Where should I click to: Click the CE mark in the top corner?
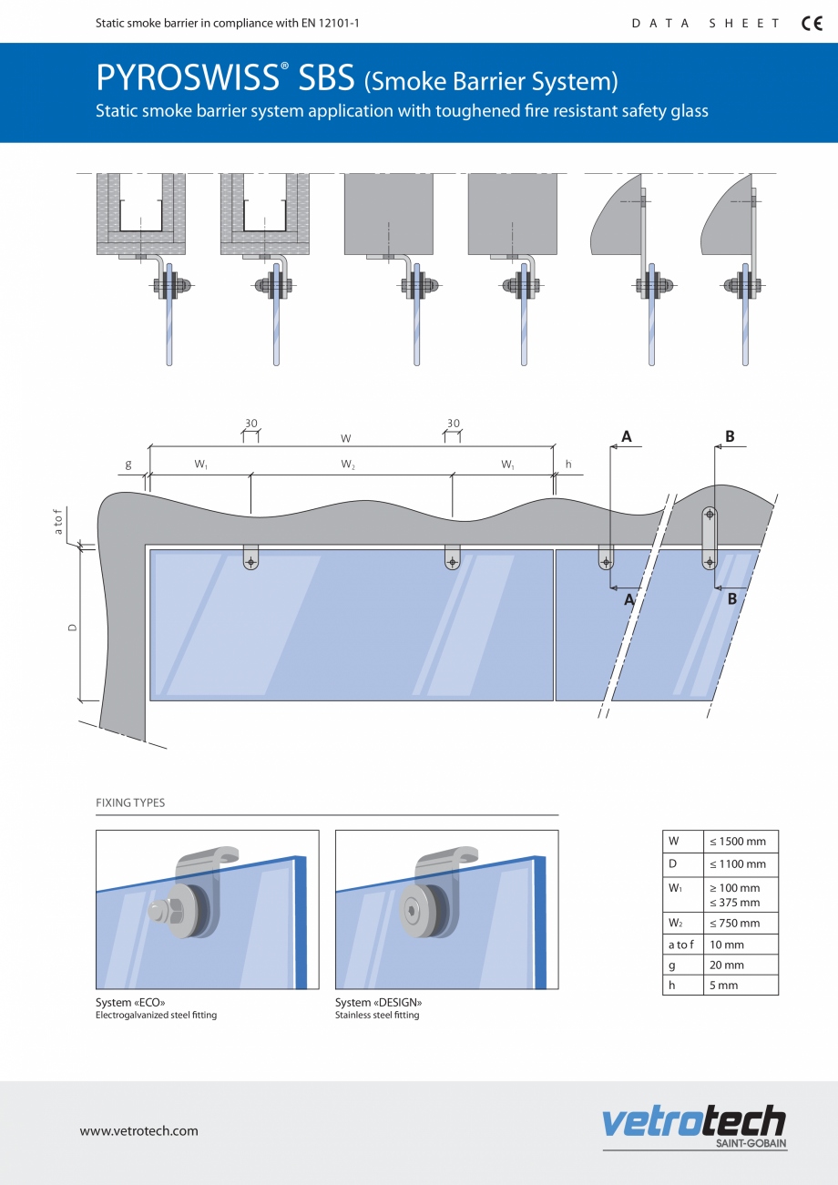pyautogui.click(x=811, y=24)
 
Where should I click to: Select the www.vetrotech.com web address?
pyautogui.click(x=138, y=1130)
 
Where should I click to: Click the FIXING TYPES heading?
pyautogui.click(x=130, y=802)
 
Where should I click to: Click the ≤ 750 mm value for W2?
pyautogui.click(x=736, y=923)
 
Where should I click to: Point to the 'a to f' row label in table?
pyautogui.click(x=680, y=945)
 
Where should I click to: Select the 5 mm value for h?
pyautogui.click(x=725, y=985)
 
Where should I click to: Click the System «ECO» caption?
pyautogui.click(x=130, y=1002)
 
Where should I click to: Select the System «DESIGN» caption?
pyautogui.click(x=378, y=1002)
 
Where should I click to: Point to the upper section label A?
pyautogui.click(x=627, y=436)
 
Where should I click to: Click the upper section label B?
pyautogui.click(x=730, y=436)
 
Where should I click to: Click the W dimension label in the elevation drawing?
pyautogui.click(x=346, y=438)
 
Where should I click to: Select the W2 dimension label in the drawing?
pyautogui.click(x=348, y=465)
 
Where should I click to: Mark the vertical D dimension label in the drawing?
pyautogui.click(x=73, y=627)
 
